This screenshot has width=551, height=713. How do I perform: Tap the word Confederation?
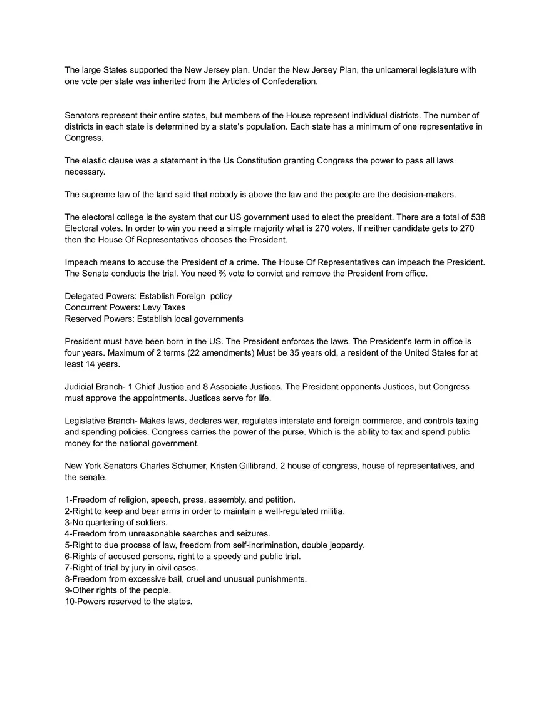pos(289,81)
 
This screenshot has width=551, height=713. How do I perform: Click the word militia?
pos(329,511)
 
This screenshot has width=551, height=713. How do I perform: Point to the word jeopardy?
pos(344,545)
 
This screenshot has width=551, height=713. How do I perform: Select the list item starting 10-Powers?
pos(128,602)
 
